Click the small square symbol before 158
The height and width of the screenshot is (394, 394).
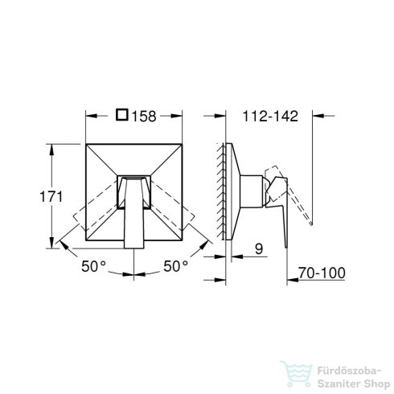122,116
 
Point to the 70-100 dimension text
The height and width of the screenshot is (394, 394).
320,274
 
